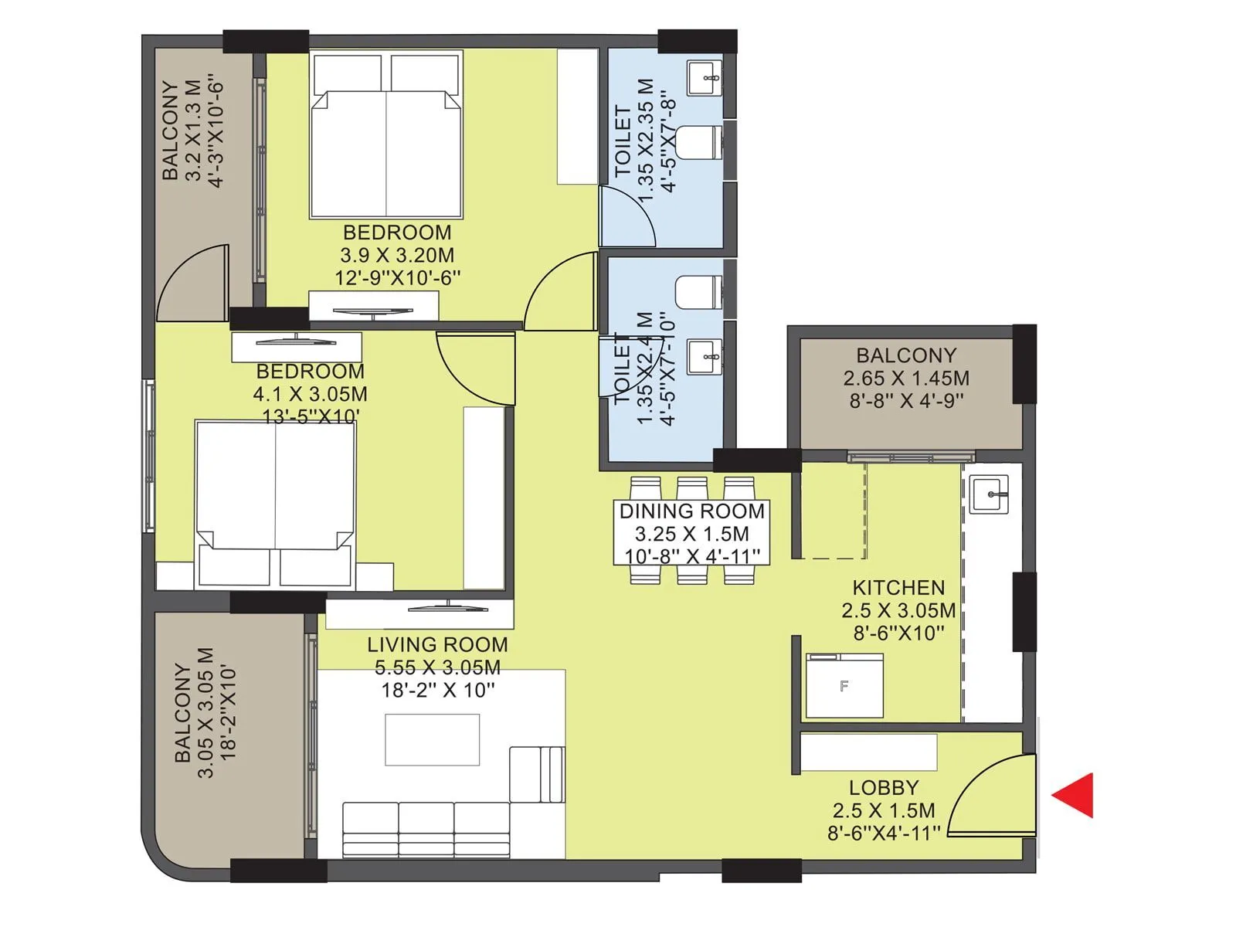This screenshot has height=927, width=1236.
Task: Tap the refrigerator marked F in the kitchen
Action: coord(844,686)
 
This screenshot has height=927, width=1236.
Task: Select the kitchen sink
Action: coord(989,494)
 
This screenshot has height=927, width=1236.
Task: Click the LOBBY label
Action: coord(884,788)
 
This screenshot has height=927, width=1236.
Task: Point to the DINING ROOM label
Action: coord(691,511)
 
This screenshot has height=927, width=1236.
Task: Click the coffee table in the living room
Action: coord(433,739)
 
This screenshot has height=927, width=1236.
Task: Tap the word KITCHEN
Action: coord(898,588)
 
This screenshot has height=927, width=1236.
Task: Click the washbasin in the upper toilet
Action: coord(705,77)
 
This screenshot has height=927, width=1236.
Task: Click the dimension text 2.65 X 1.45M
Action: coord(906,379)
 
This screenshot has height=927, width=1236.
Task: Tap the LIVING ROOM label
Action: coord(437,644)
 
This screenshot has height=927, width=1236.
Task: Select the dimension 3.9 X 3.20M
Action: coord(397,256)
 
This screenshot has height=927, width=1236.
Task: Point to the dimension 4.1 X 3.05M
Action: coord(310,394)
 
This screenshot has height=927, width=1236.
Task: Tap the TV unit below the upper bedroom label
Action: coord(373,305)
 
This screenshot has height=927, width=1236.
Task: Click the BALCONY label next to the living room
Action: coord(182,712)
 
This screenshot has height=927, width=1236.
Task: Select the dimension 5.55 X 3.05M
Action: coord(437,667)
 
